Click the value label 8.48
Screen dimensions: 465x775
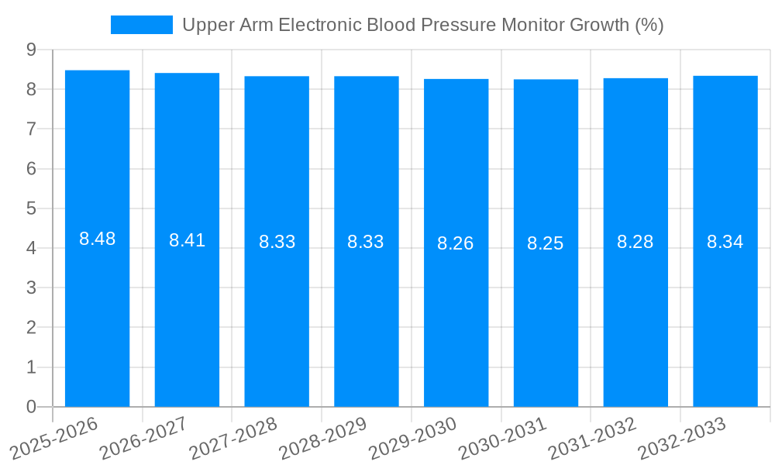(97, 239)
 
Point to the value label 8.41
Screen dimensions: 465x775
(187, 240)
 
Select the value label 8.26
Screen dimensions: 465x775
(456, 243)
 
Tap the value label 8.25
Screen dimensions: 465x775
(546, 243)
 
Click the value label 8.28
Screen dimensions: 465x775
(635, 242)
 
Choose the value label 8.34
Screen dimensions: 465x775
(725, 242)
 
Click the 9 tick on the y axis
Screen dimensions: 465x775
(31, 50)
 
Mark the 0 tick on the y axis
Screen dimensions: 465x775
(31, 407)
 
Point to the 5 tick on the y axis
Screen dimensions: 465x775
(31, 208)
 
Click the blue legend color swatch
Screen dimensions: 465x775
(141, 25)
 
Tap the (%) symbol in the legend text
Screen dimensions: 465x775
(649, 25)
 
